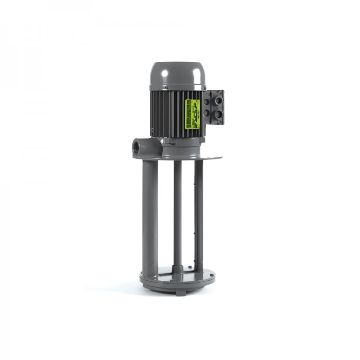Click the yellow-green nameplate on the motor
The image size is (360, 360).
click(x=193, y=114)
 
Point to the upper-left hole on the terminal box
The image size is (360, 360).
click(x=206, y=102)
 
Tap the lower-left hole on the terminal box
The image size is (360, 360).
click(x=206, y=114)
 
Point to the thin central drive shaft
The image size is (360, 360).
click(x=178, y=211)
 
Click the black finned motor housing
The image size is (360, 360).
click(x=168, y=113)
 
